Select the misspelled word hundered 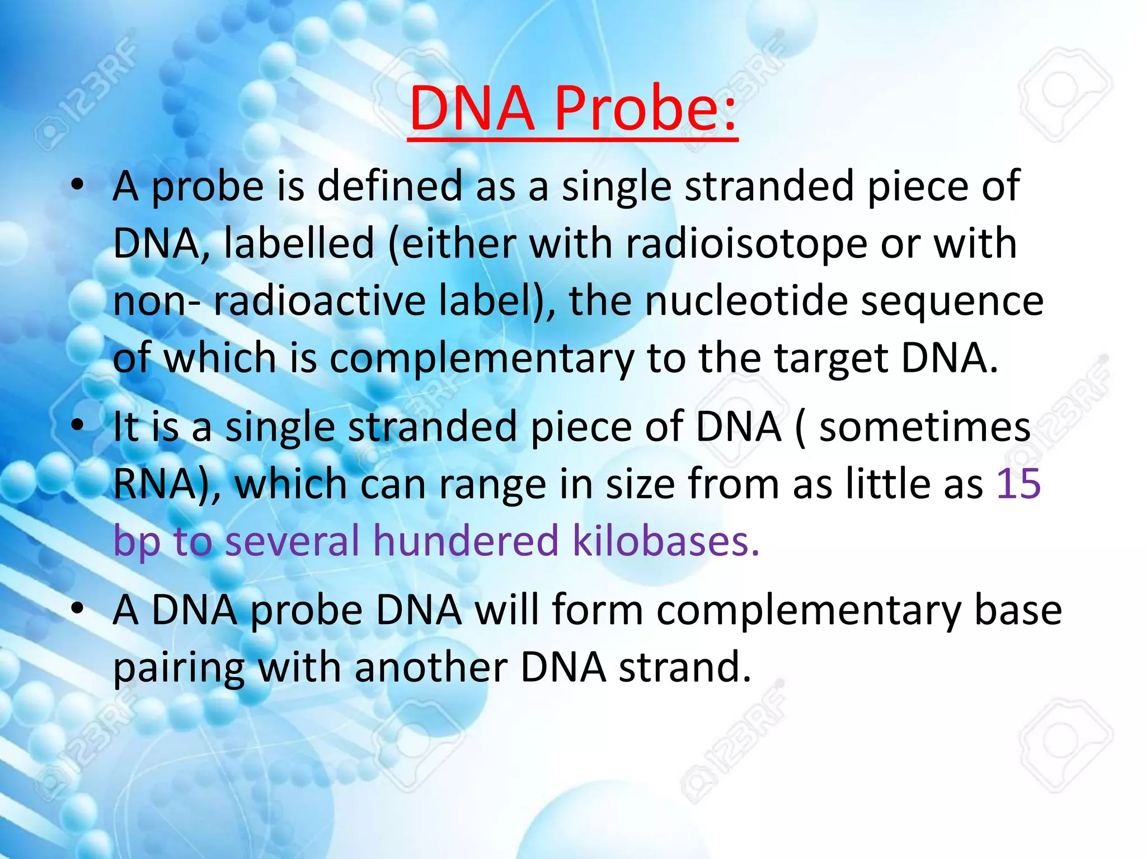(466, 541)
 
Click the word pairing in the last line (179, 668)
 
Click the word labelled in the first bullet (299, 244)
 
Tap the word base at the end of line (1018, 610)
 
